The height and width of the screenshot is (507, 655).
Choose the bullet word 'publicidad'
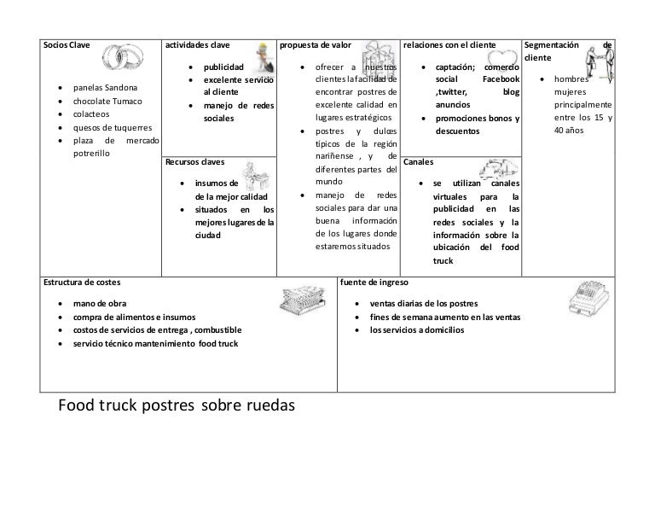tap(223, 67)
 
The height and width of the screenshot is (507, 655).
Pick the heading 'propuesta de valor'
tap(316, 44)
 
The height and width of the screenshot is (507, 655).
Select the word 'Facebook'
tap(495, 79)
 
